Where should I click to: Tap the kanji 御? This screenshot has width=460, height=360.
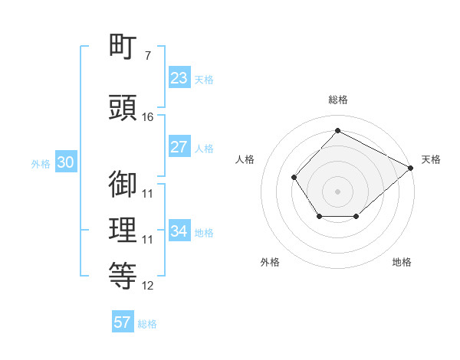coord(123,184)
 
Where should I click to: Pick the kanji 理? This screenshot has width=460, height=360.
coord(123,231)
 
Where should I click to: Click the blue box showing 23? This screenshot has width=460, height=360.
coord(179,78)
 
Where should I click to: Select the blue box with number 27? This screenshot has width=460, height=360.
coord(179,147)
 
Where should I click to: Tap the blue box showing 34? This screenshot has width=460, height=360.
coord(179,231)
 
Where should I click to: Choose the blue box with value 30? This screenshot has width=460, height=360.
coord(64,163)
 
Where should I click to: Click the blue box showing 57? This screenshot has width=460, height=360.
coord(123,322)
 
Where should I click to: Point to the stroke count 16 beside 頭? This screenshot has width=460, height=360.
coord(148,117)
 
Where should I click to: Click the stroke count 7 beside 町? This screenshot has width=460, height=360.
coord(147,56)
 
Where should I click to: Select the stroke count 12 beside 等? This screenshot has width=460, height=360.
coord(148,286)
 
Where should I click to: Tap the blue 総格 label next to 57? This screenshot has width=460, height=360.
coord(147,324)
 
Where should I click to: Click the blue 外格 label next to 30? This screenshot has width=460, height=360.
coord(41,164)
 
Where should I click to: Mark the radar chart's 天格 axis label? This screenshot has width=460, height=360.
coord(431,159)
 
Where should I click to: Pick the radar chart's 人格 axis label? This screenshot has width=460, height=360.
coord(245,159)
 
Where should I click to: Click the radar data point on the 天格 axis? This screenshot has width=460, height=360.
coord(410,167)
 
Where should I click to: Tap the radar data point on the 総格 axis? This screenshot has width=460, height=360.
coord(337,131)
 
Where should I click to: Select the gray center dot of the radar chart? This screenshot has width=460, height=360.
coord(337,191)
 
